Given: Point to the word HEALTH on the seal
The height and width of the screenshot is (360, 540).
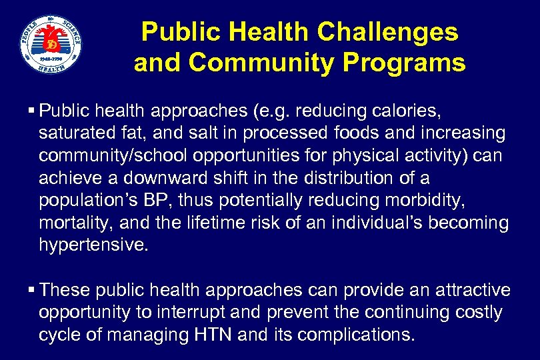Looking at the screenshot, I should (x=51, y=67).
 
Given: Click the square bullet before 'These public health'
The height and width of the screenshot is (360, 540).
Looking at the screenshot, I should (x=33, y=290).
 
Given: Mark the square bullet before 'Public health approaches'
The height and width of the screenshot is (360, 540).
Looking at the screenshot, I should (x=33, y=109).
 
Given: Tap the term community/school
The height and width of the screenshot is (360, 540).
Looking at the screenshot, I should (x=110, y=156).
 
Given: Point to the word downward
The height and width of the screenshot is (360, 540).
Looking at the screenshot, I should (x=177, y=179).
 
